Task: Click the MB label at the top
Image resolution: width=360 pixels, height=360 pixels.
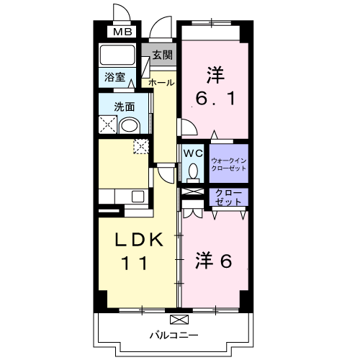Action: pos(120,32)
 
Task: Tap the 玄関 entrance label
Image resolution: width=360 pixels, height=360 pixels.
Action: pos(162,55)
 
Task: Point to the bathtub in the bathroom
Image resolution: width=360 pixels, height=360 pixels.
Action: pos(120,55)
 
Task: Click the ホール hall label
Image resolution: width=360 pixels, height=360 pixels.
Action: pos(161,83)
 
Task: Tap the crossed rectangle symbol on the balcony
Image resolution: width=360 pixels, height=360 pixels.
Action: pos(177,319)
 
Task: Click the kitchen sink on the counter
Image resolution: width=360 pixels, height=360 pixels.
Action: pos(137,197)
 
